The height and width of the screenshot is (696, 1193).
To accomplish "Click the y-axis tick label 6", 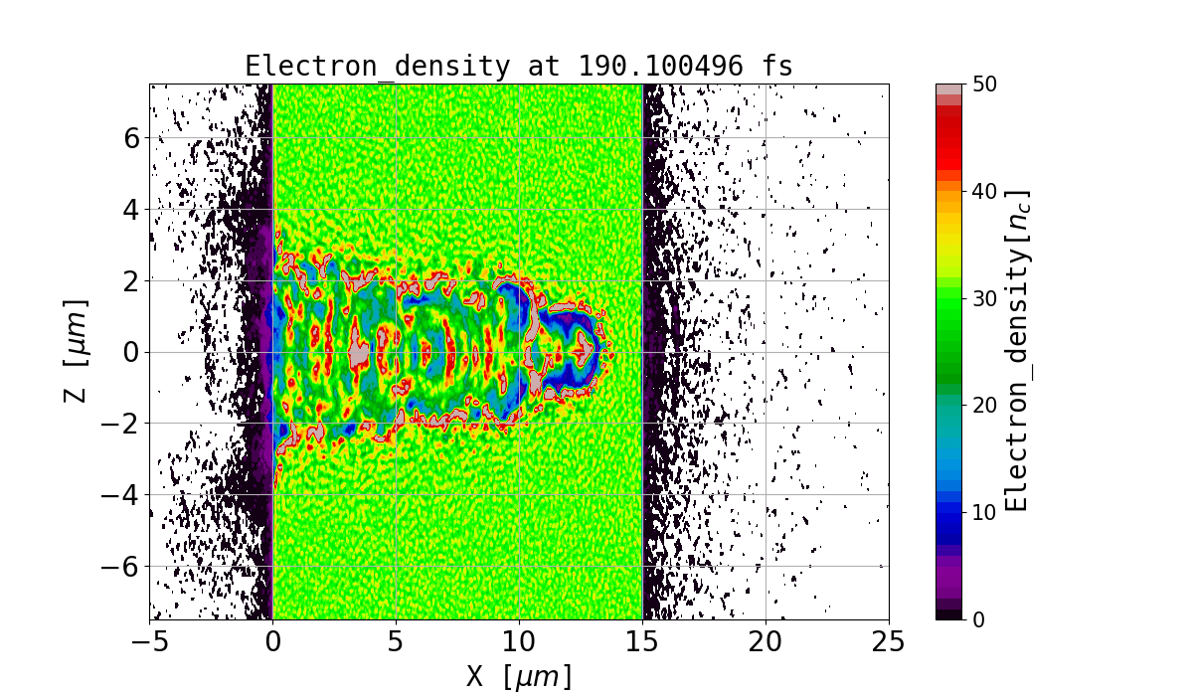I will (129, 137).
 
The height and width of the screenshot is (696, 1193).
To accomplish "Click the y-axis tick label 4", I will (129, 209).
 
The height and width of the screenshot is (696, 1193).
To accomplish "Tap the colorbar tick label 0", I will (978, 619).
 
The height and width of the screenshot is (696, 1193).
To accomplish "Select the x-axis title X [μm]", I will (519, 676).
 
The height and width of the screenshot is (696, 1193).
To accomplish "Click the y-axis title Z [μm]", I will (76, 351).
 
